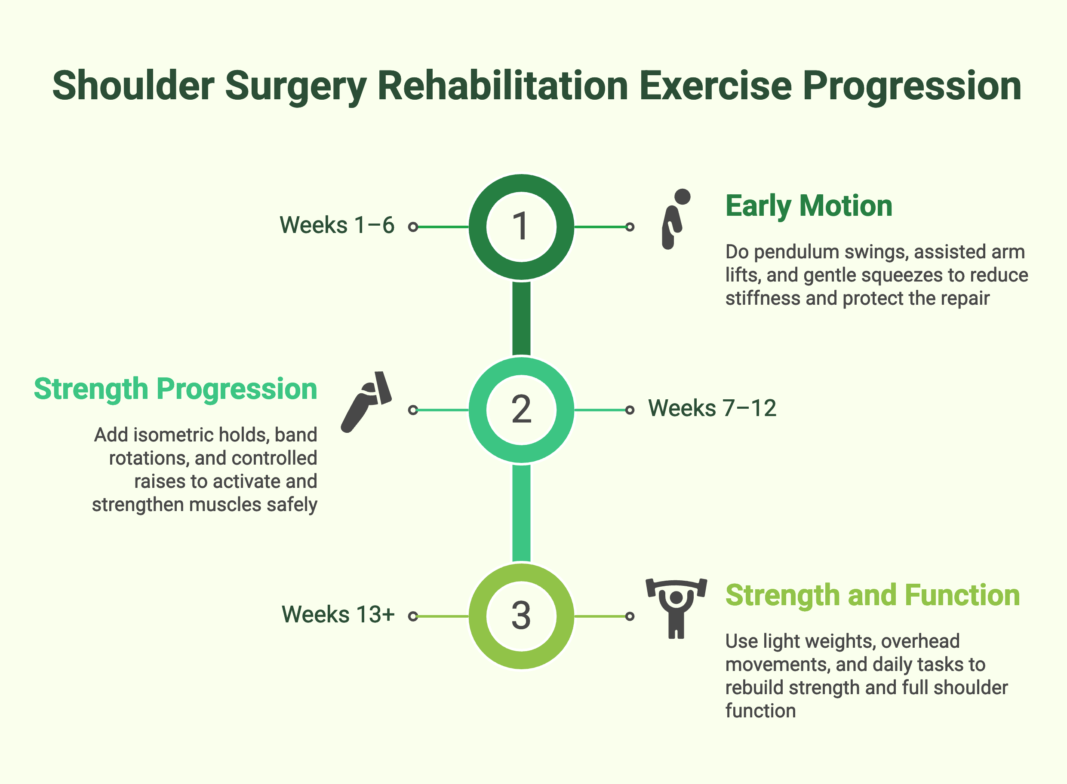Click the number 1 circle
(521, 227)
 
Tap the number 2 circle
(521, 410)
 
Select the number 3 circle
(521, 616)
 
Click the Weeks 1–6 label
(337, 225)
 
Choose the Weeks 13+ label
(338, 615)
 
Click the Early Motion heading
(809, 206)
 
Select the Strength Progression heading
(175, 389)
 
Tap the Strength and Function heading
(872, 595)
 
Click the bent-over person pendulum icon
(675, 218)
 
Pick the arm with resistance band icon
(366, 401)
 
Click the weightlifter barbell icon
(676, 608)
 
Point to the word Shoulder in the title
(133, 86)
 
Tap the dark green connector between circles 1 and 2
(521, 318)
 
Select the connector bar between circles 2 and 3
(521, 512)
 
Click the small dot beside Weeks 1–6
(412, 227)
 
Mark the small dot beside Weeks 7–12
(630, 410)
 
